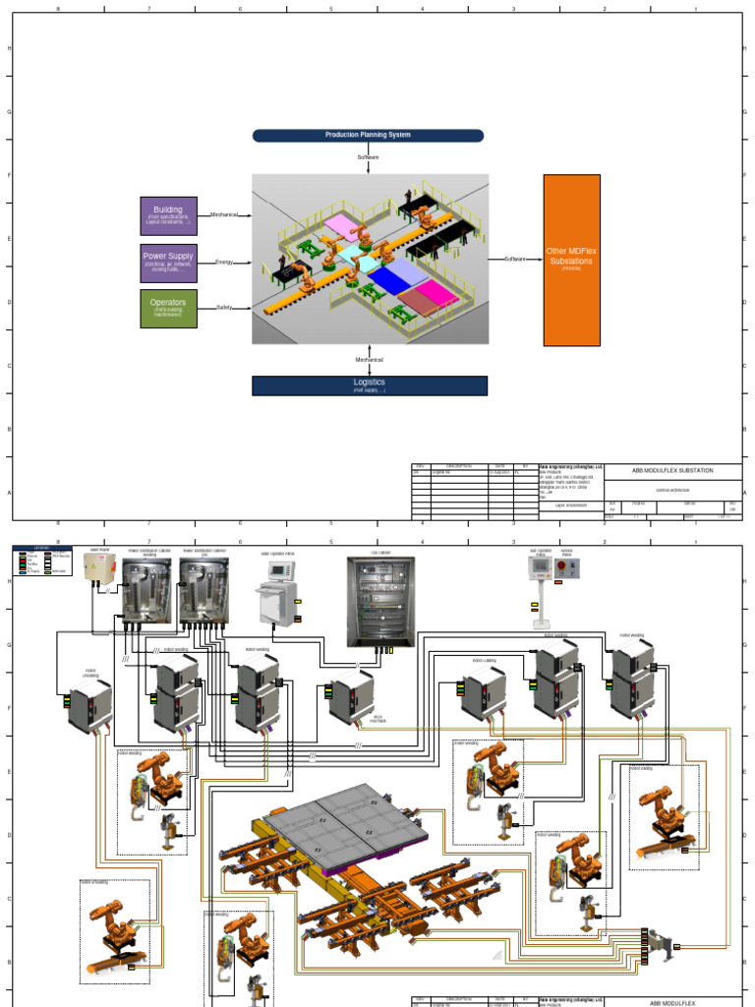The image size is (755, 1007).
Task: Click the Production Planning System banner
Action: tap(368, 136)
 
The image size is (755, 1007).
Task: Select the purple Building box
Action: tap(168, 216)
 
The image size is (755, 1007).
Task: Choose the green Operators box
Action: tap(168, 308)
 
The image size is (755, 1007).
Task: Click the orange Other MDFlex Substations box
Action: tap(571, 260)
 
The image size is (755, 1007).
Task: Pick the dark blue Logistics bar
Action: tap(369, 385)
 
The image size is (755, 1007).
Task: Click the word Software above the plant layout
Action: tap(369, 157)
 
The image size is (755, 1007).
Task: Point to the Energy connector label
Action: tap(224, 263)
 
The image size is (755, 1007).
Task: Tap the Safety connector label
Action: tap(224, 308)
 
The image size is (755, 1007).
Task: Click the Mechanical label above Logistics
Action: tap(369, 360)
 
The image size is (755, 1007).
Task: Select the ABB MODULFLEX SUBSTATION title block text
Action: tap(672, 471)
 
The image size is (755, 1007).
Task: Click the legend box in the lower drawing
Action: tap(42, 560)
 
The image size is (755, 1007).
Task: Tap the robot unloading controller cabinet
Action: tap(89, 704)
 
